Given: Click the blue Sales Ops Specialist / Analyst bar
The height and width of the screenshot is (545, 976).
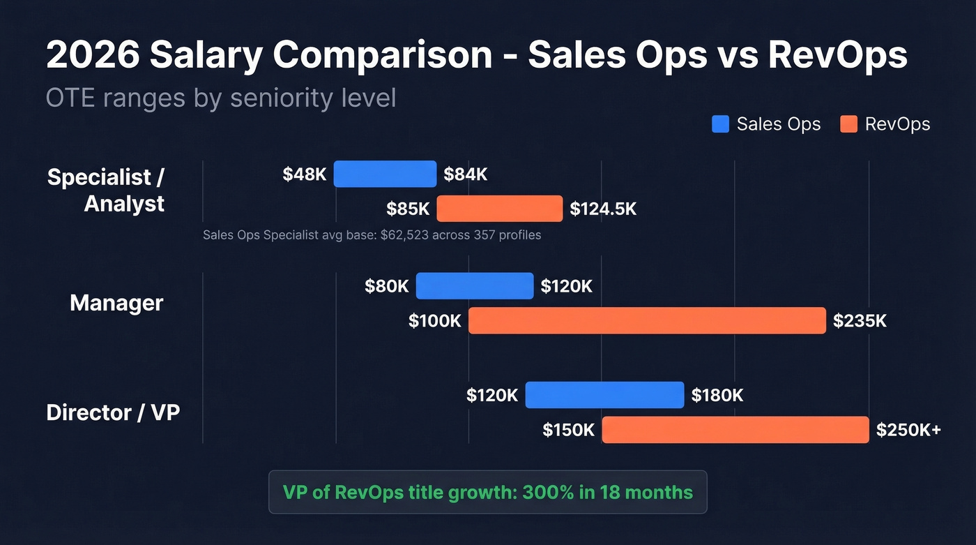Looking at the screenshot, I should (385, 174).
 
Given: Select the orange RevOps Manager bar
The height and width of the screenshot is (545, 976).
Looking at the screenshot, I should (647, 320).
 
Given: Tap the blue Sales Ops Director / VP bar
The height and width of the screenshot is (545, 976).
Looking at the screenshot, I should (604, 395).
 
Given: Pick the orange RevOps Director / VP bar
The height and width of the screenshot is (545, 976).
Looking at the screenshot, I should (735, 430).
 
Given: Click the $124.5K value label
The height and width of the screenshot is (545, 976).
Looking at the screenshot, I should (603, 209).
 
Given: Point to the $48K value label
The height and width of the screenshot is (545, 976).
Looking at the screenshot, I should (305, 174).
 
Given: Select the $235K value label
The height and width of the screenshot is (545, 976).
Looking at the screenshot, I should (860, 321).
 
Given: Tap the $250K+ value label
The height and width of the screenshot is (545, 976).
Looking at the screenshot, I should (908, 430).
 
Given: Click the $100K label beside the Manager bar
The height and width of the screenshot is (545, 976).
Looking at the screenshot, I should (435, 321).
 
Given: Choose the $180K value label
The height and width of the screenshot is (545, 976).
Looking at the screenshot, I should (717, 396).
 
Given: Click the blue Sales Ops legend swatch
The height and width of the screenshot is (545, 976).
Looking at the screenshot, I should (720, 124).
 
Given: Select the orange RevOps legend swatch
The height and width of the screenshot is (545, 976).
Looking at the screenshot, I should (848, 124).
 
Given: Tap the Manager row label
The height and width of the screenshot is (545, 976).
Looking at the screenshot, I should (116, 303).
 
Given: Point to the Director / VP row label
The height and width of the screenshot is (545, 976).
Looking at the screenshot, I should (113, 412).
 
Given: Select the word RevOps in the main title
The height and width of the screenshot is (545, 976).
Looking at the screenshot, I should (838, 56).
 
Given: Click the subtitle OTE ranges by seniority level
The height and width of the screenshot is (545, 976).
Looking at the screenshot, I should (220, 98).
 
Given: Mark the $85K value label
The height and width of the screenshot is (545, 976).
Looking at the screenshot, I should (408, 209).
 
